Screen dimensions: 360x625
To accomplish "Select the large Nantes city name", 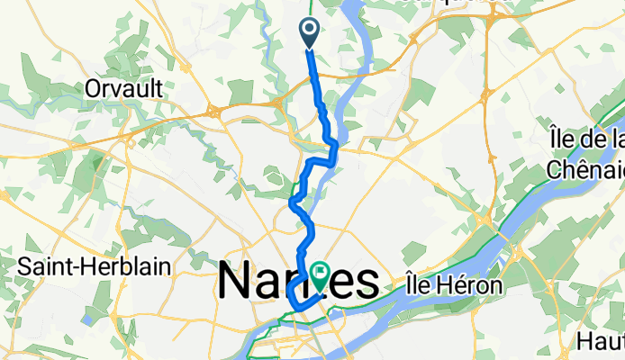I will point(297,282).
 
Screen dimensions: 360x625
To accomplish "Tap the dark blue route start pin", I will point(308,33).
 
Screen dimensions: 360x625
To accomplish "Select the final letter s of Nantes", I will point(364,282).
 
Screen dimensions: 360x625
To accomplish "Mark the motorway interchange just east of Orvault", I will point(214,111).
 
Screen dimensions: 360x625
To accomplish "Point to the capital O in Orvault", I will point(92,88).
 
